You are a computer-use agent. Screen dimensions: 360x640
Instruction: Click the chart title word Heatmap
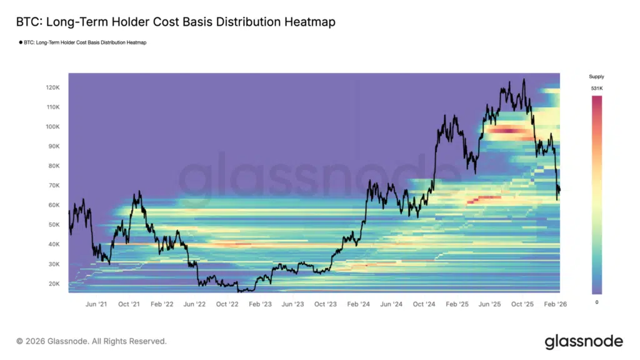coord(307,22)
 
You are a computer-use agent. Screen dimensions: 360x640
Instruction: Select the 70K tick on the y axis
coord(53,186)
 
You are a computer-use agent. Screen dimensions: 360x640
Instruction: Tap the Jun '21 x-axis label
coord(96,304)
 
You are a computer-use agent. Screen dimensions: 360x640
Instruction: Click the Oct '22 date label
coord(227,304)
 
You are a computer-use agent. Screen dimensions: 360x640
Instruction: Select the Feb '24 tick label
coord(358,304)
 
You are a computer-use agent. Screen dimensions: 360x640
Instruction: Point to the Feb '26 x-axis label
coord(554,304)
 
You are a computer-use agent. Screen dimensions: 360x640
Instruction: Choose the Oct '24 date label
coord(424,304)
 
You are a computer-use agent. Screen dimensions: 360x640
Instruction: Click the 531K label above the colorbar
coord(596,89)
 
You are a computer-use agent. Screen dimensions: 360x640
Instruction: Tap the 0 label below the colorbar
coord(597,302)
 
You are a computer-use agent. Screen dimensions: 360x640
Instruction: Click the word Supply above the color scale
coord(597,76)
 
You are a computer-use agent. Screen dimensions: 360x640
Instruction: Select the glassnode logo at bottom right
coord(584,341)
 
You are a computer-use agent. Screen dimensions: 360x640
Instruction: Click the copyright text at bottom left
coord(91,341)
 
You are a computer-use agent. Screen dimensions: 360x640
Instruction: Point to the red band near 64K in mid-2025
coord(485,199)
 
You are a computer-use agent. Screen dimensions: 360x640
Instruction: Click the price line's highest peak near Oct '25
coord(523,79)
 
